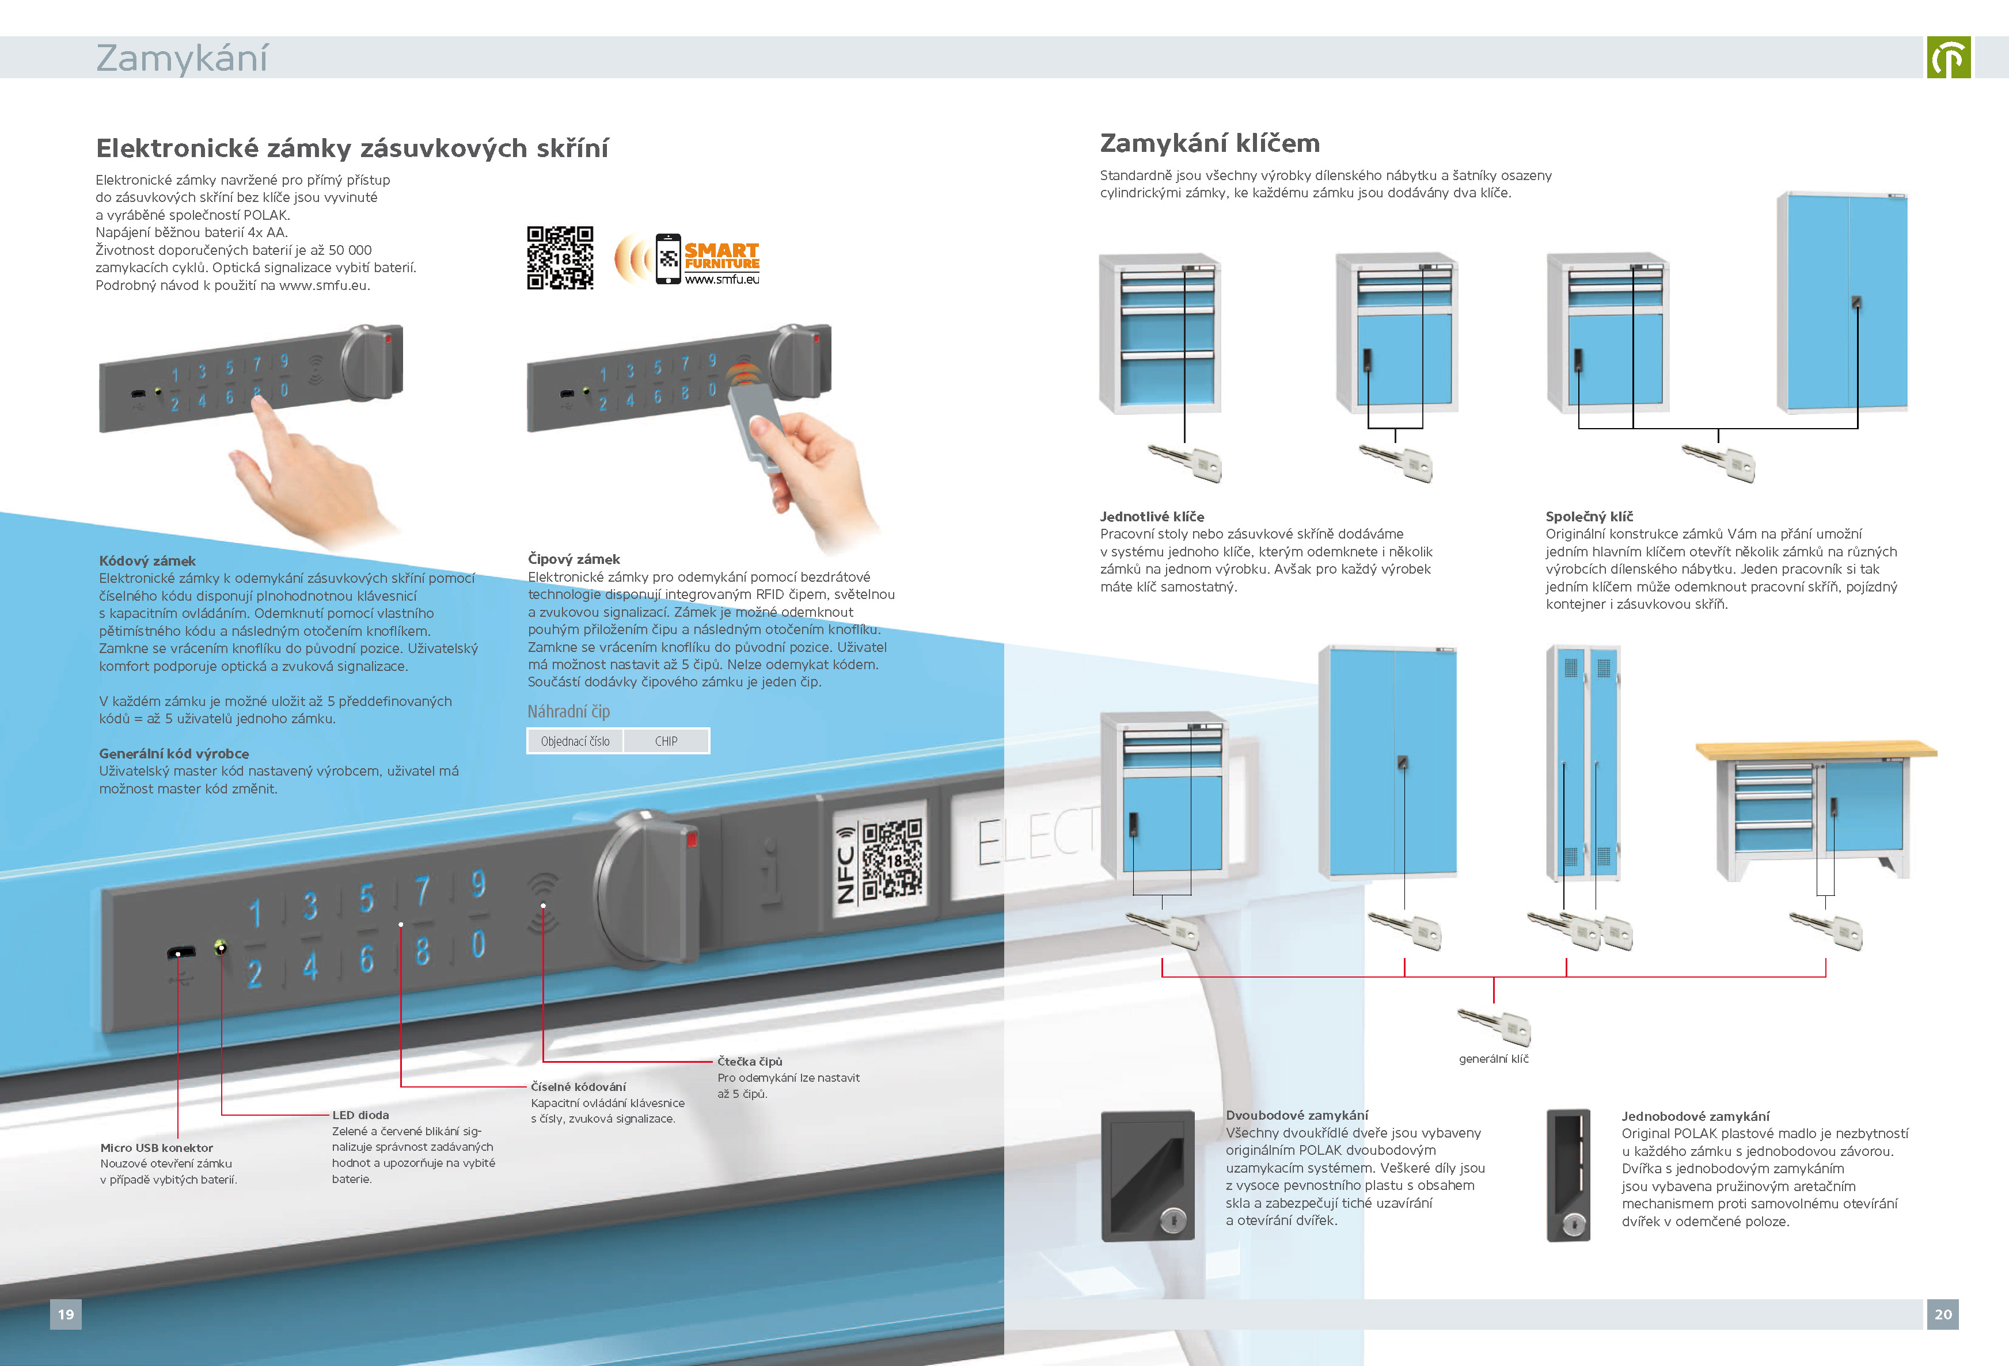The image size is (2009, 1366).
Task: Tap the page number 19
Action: (x=66, y=1314)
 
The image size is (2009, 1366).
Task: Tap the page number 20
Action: (x=1942, y=1314)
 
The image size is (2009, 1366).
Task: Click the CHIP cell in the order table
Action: (x=666, y=741)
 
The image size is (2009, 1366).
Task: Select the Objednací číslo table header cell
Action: (x=575, y=741)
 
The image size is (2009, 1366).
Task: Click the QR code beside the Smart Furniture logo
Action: (x=560, y=257)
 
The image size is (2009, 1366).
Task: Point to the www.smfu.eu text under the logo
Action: (x=722, y=279)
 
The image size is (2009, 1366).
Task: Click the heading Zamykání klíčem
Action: (x=1209, y=143)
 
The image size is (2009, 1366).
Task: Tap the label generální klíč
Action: (x=1493, y=1058)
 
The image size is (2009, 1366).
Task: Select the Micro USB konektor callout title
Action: (x=157, y=1147)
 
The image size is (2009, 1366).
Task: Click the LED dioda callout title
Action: (x=360, y=1115)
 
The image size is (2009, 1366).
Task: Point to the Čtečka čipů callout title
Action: (x=750, y=1061)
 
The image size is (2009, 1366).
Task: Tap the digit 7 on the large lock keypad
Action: (x=422, y=890)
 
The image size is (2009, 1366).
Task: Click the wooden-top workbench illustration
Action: (x=1816, y=808)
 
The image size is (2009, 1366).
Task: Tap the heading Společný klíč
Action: (x=1589, y=517)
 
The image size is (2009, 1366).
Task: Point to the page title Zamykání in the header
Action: (x=181, y=58)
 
